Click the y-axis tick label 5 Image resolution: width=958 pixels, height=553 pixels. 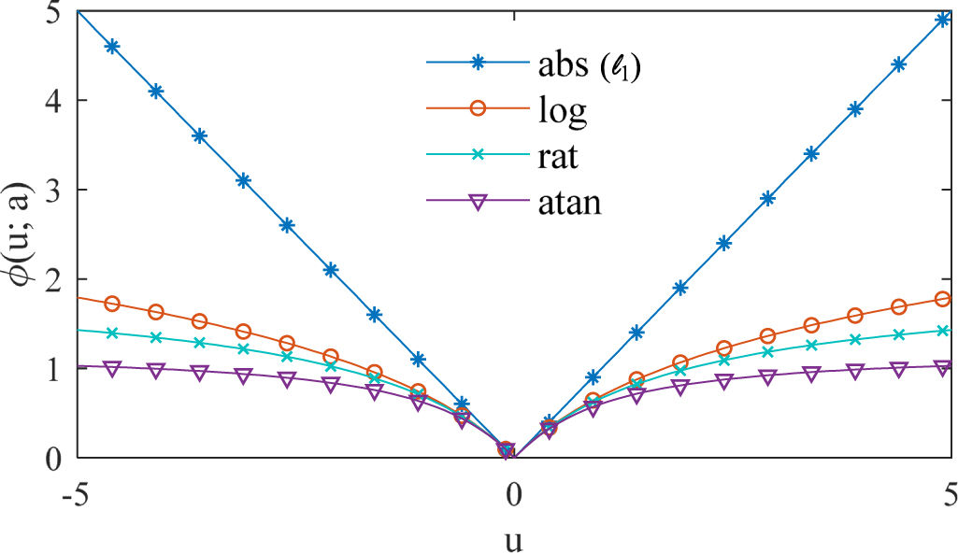point(57,13)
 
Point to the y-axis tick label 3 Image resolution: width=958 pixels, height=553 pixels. point(57,191)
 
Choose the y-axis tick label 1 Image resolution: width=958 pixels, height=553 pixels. point(57,369)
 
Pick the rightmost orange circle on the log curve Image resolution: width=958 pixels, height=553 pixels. point(943,299)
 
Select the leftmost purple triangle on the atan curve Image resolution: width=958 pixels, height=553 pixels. point(113,368)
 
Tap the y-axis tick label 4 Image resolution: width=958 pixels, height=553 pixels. point(57,101)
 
